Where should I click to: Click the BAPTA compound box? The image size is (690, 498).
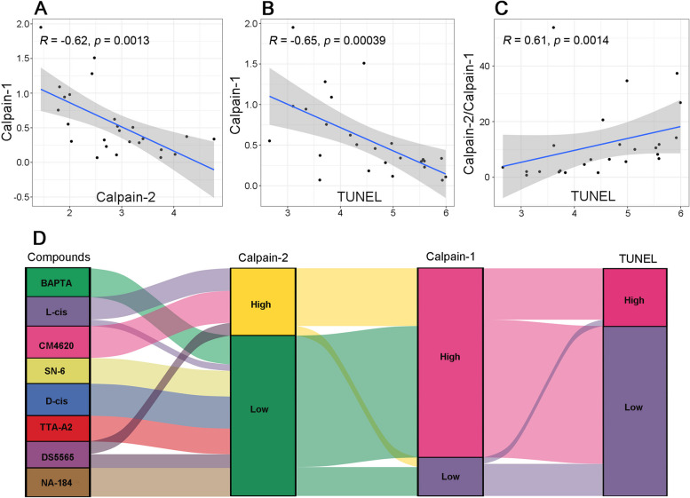[58, 282]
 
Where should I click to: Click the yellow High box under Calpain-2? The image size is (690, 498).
[263, 302]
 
